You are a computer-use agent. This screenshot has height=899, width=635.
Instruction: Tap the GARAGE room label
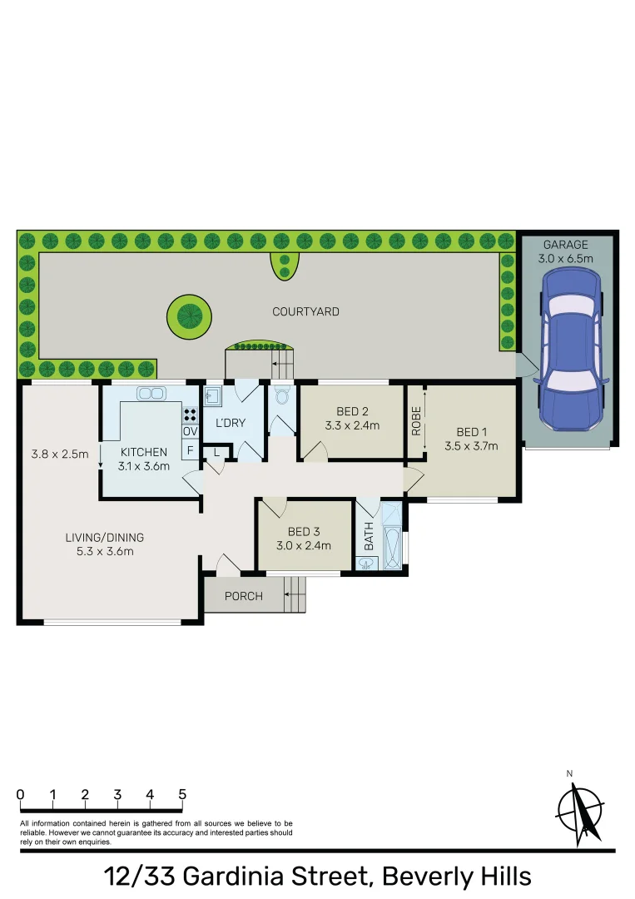click(566, 245)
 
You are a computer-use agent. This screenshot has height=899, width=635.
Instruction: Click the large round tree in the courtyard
click(189, 317)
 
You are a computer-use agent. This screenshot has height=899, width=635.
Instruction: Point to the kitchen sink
click(151, 393)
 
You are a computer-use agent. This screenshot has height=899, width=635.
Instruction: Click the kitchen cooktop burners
click(190, 414)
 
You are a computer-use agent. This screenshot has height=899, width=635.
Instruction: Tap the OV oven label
click(190, 431)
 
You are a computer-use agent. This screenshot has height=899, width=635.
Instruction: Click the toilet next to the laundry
click(281, 395)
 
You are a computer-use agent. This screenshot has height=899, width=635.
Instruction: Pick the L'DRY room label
click(230, 423)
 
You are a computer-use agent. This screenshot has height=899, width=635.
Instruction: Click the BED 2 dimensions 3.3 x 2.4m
click(352, 425)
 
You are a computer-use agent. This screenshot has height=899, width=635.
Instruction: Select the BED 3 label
click(304, 532)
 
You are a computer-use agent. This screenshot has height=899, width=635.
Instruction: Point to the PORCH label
click(243, 596)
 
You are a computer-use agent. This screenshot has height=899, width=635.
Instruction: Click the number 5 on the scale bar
click(182, 795)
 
